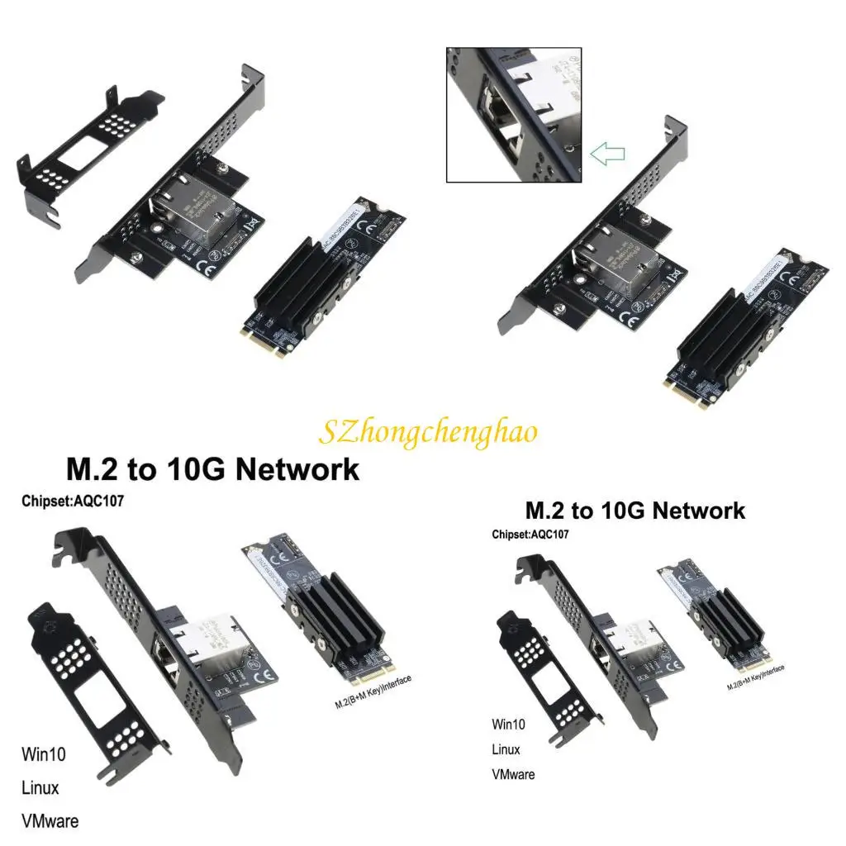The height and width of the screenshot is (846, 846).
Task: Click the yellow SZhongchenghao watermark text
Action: [428, 431]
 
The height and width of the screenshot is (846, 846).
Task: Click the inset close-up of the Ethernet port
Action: [514, 115]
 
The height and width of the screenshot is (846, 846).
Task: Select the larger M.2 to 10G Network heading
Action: [212, 469]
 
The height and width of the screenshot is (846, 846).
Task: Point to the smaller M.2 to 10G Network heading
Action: [634, 511]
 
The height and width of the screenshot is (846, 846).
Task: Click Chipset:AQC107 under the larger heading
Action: [73, 501]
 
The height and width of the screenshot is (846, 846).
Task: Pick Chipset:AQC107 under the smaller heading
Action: [530, 535]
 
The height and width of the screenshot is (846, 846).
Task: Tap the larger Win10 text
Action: [43, 754]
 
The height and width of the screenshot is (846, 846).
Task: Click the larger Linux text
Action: [40, 787]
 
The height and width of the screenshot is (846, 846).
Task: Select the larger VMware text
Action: [50, 821]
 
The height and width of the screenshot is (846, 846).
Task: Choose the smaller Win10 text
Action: [510, 725]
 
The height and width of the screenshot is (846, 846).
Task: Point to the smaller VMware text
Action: [513, 774]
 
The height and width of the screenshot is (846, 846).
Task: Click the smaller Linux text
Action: [506, 749]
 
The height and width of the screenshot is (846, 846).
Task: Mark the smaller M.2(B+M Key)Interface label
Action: [755, 677]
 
